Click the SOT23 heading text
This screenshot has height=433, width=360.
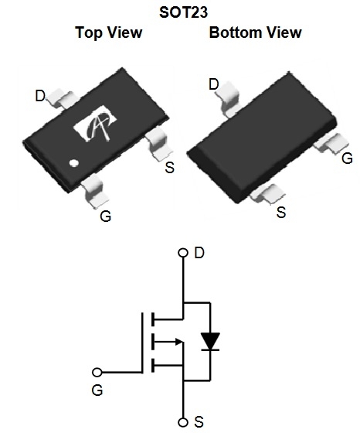pos(183,12)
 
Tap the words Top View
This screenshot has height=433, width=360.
pos(109,32)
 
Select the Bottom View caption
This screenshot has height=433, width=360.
pos(256,32)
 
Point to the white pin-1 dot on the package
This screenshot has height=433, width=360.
pos(74,163)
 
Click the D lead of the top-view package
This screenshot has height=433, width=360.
pos(61,98)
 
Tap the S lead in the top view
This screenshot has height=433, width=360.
pos(158,143)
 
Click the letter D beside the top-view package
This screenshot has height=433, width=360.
pos(40,96)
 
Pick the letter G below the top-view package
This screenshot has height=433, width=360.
pos(106,216)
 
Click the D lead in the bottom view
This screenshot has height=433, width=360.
pos(228,99)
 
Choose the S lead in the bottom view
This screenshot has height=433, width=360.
pos(267,193)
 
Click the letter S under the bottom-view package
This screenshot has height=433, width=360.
pos(281,213)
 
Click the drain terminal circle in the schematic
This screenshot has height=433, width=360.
pos(183,253)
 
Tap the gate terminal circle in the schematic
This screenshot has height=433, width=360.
pos(97,372)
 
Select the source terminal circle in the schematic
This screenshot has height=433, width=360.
pos(183,422)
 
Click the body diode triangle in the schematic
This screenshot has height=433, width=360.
pos(210,341)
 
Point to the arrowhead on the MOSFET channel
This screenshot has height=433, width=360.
pos(179,342)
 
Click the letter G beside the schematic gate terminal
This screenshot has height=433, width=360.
pos(97,390)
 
